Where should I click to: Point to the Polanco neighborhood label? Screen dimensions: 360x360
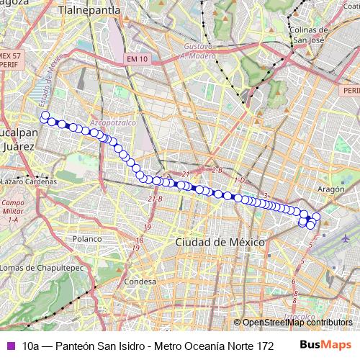click(87, 238)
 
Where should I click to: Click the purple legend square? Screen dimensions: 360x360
click(9, 346)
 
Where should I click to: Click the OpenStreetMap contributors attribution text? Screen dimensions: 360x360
click(297, 323)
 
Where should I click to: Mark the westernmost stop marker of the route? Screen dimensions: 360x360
click(45, 115)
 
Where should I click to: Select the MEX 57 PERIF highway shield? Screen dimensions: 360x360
click(11, 59)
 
